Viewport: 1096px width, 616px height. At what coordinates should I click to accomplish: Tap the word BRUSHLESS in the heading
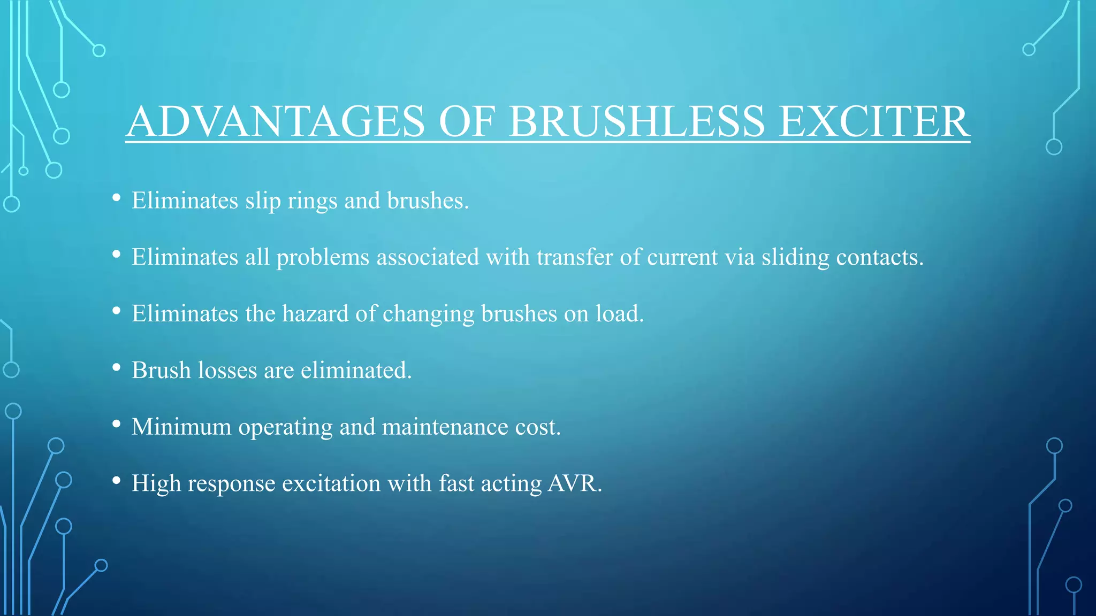636,121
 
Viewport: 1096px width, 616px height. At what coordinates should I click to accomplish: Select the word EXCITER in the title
873,121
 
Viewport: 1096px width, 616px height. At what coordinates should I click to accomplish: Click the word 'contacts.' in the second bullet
880,258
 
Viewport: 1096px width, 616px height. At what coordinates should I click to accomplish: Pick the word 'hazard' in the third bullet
315,314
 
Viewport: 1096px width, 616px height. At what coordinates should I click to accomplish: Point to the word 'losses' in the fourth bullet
227,371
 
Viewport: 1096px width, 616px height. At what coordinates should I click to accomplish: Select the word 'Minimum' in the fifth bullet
181,427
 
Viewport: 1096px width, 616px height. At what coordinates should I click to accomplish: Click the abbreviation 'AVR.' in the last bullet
575,483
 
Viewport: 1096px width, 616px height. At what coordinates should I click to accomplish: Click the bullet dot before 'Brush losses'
116,368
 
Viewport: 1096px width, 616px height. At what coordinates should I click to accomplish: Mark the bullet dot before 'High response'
116,481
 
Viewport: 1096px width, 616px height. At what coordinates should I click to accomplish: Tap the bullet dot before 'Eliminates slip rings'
116,198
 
